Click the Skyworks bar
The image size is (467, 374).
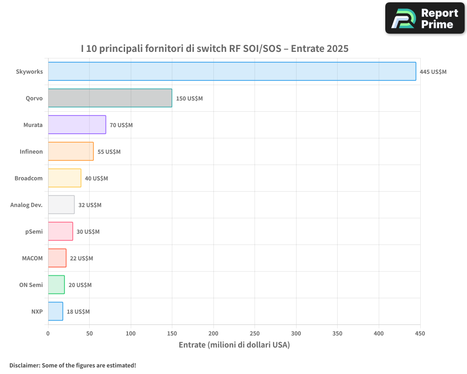coord(232,72)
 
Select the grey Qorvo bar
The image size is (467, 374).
coord(110,98)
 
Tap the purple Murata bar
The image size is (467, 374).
coord(77,125)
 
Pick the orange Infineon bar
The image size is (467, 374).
coord(71,151)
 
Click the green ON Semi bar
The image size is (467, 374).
coord(57,285)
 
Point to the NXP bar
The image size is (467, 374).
coord(56,311)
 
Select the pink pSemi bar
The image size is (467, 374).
coord(61,231)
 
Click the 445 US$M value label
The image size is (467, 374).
coord(433,72)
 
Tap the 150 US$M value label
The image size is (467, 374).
coord(189,99)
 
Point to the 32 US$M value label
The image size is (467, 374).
coord(90,205)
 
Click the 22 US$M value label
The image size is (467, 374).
coord(81,259)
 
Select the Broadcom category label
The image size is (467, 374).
coord(28,179)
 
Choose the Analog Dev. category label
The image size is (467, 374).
coord(27,205)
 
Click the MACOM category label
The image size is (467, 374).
coord(32,259)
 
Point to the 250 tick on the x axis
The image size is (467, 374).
coord(255,333)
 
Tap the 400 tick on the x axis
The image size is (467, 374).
coord(379,333)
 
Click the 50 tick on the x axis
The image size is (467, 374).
coord(89,333)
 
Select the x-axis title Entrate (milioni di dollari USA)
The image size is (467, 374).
coord(234,345)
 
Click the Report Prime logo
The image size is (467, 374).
coord(425,18)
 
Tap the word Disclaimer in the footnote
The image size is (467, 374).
coord(24,366)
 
